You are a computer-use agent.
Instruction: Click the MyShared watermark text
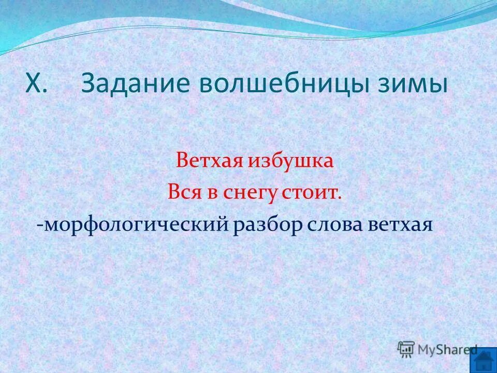click(x=446, y=349)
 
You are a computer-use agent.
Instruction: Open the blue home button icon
click(x=485, y=361)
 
